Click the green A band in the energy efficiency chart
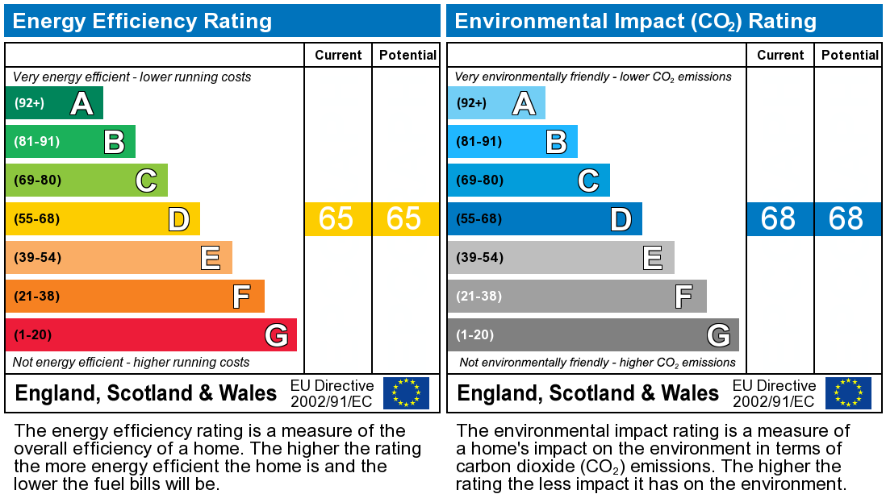pos(53,103)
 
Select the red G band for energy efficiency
pos(151,334)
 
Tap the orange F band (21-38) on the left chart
pos(135,297)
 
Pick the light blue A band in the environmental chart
pos(495,103)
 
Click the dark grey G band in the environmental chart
pos(593,334)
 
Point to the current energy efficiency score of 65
pos(336,219)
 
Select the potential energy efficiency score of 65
pos(404,219)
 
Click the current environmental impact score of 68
pos(779,219)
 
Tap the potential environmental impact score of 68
pos(846,219)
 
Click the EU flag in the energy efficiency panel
pos(406,393)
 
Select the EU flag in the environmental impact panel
pos(848,393)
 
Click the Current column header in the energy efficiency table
pos(338,55)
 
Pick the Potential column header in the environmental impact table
pos(850,55)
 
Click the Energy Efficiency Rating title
pos(142,21)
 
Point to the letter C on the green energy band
pos(146,181)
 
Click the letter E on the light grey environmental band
pos(653,258)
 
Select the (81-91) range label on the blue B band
pos(479,142)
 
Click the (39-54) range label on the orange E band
pos(37,258)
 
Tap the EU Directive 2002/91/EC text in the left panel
pos(332,393)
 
